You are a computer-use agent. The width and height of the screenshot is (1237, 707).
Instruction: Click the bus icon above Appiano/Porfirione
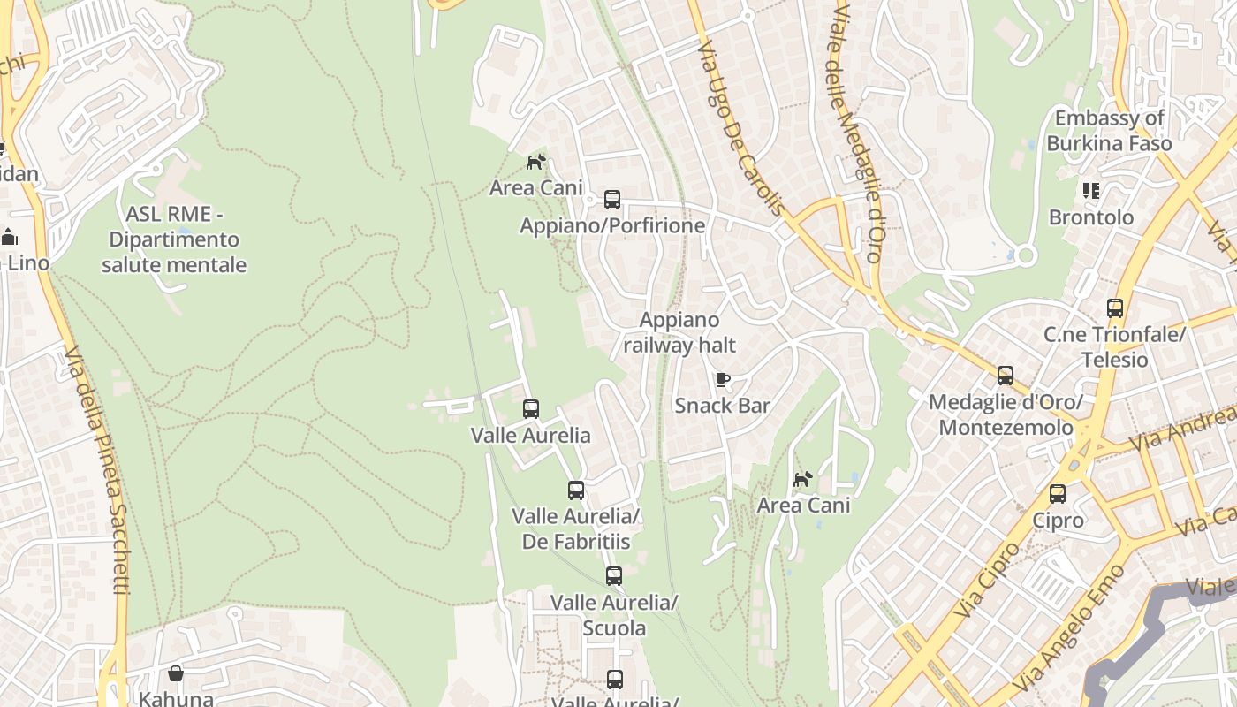click(x=612, y=200)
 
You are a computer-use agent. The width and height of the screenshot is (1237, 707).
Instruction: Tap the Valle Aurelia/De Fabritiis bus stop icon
click(x=576, y=490)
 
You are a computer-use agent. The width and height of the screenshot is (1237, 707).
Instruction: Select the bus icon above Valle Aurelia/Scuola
click(x=614, y=576)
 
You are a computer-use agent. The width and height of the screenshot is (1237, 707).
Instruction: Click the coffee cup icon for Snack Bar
click(x=722, y=380)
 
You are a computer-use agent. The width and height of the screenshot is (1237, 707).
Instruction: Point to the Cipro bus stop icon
click(x=1058, y=494)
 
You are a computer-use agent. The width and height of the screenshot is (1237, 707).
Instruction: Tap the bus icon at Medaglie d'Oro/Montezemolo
click(x=1006, y=376)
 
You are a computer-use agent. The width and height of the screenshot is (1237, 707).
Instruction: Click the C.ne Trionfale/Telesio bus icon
click(x=1115, y=308)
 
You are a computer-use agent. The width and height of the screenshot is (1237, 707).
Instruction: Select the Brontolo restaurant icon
click(x=1091, y=191)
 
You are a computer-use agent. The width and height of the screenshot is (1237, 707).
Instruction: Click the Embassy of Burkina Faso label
click(x=1110, y=130)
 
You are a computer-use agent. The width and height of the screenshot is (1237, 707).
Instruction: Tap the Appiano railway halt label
click(x=679, y=332)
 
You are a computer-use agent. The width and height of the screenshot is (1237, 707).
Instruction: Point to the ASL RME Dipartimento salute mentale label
click(x=174, y=239)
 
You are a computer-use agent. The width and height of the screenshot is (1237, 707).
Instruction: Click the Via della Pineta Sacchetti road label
click(x=97, y=468)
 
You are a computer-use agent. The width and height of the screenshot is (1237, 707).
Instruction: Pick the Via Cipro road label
click(x=987, y=580)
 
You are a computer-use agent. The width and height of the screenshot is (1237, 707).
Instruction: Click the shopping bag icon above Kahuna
click(x=176, y=673)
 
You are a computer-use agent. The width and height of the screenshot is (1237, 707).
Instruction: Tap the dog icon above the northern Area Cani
click(x=536, y=162)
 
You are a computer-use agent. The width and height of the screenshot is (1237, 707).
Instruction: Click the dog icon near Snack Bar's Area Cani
click(x=802, y=479)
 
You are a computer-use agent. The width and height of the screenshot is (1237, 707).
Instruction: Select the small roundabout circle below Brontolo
click(x=1026, y=256)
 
